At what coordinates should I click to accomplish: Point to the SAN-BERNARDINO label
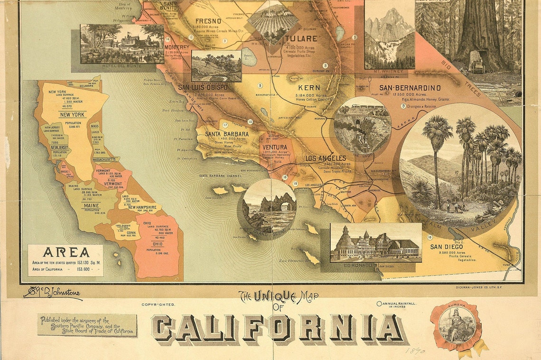(x=410, y=88)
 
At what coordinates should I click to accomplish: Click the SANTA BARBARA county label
(x=227, y=134)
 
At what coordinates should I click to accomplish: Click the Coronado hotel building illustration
(x=376, y=243)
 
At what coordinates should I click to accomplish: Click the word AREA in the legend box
(x=65, y=252)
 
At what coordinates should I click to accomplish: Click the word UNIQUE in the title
(x=272, y=297)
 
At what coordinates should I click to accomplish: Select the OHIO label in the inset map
(x=157, y=244)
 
